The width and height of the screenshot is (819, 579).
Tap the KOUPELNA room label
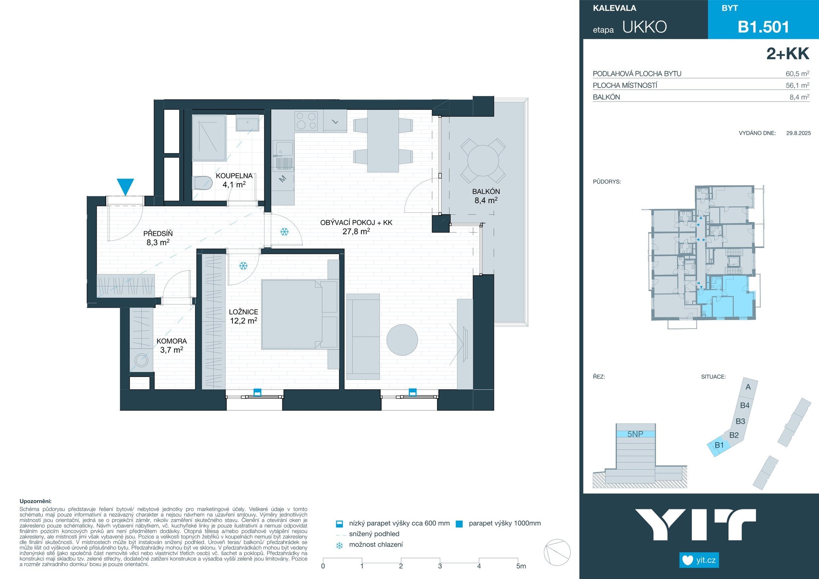point(234,176)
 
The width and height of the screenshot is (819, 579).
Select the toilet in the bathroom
point(203,183)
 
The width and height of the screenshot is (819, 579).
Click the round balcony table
point(483,161)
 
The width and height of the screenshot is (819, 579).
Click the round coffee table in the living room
point(402,340)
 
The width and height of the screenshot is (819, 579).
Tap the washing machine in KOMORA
point(141,361)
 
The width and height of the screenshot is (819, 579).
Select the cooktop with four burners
point(306,120)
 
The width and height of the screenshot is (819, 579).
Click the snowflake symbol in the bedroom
point(243,266)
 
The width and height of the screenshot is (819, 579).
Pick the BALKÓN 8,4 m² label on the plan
point(486,196)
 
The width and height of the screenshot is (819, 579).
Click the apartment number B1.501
point(764,27)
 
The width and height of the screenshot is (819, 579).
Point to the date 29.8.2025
point(799,133)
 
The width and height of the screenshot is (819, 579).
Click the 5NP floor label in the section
point(635,434)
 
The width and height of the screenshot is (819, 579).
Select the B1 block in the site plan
point(719,446)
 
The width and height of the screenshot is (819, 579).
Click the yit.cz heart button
point(699,560)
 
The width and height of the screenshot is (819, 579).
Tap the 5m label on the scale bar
point(521,566)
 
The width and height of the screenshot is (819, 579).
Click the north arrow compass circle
point(557,553)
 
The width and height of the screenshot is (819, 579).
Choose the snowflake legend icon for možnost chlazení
point(340,545)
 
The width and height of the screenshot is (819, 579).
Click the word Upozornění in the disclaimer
point(35,501)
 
